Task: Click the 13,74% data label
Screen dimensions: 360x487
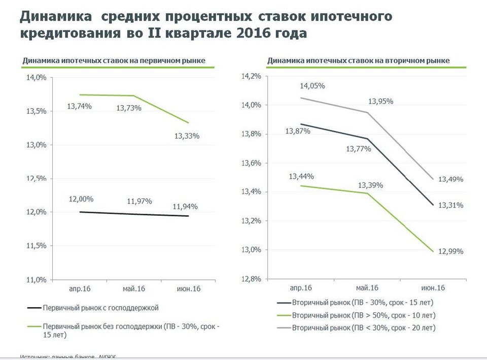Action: click(79, 107)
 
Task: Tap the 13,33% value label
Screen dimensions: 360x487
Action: click(187, 136)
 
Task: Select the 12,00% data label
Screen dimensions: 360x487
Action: click(81, 199)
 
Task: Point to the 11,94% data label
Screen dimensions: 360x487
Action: click(185, 206)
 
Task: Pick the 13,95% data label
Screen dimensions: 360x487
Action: click(381, 101)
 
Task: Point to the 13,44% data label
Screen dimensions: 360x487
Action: click(301, 176)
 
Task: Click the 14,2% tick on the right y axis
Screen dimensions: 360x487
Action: click(252, 76)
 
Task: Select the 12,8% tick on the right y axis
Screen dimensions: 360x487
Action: click(252, 279)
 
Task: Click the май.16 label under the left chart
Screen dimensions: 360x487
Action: click(134, 289)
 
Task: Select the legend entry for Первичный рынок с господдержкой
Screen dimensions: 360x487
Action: click(101, 308)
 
